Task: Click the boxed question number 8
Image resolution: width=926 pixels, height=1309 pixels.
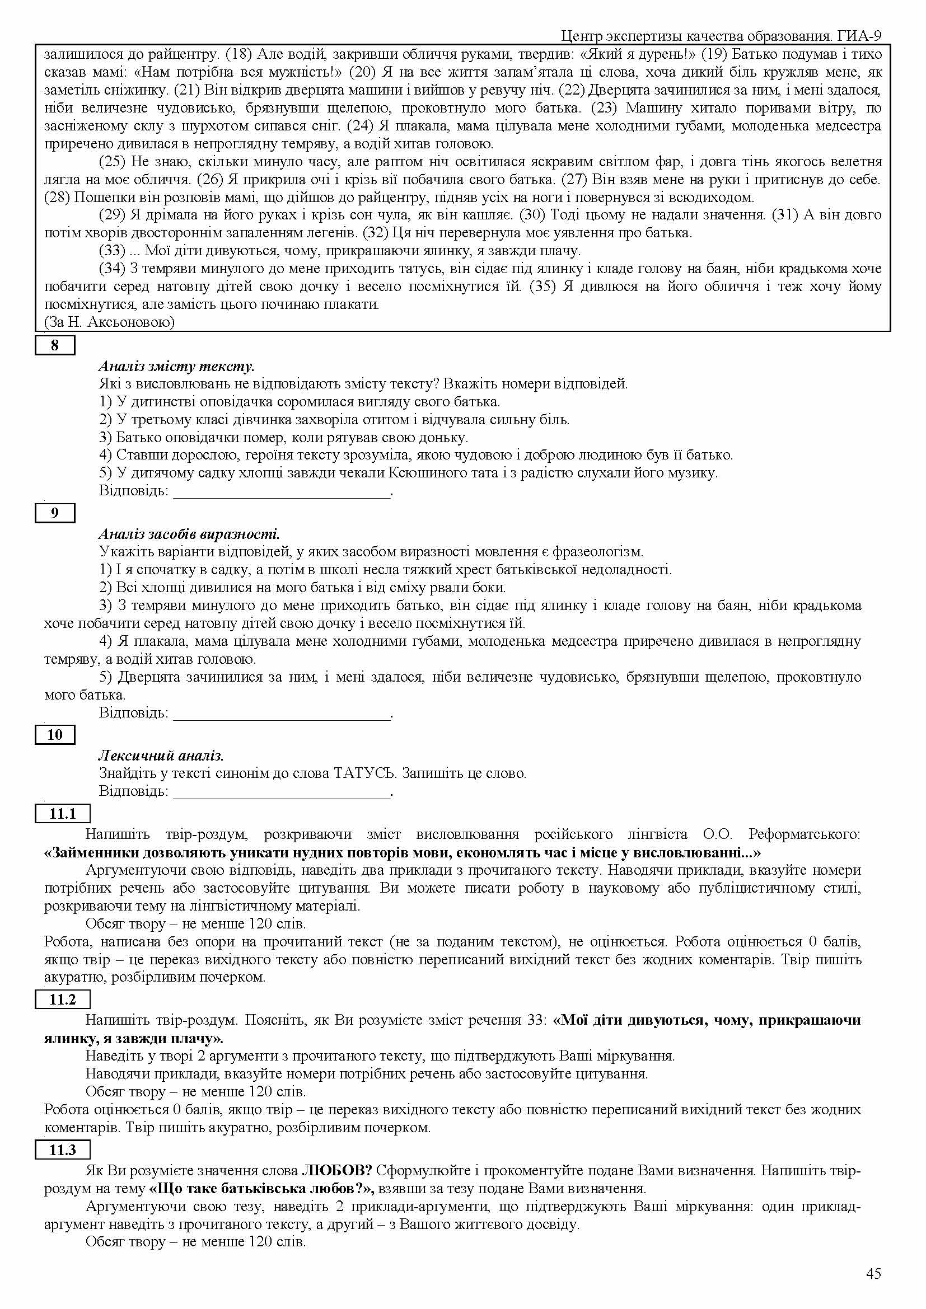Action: click(55, 345)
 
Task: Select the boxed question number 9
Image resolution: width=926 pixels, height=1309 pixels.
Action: click(55, 513)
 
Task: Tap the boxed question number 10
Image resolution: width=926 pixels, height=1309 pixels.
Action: click(55, 734)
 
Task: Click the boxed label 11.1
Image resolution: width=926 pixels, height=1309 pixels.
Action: click(63, 814)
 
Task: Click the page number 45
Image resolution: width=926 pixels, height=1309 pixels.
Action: click(873, 1274)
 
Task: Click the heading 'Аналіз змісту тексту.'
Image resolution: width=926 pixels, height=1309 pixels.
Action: click(176, 366)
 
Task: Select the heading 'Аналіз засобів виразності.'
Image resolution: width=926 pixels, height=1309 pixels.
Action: click(189, 534)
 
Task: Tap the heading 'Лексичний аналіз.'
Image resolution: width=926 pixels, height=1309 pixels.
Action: click(161, 756)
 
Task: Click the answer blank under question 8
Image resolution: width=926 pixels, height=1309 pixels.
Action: click(282, 491)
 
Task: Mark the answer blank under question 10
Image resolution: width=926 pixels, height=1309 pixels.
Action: click(282, 792)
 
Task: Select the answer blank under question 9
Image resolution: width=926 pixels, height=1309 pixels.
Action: click(282, 714)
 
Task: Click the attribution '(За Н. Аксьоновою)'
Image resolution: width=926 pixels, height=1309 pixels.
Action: click(110, 322)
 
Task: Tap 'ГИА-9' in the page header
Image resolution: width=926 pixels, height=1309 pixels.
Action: click(860, 36)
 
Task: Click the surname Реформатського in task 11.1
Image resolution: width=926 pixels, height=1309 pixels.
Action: click(804, 834)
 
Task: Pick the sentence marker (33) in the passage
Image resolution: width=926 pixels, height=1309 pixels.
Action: click(112, 250)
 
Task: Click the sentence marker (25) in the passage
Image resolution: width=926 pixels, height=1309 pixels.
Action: click(112, 162)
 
